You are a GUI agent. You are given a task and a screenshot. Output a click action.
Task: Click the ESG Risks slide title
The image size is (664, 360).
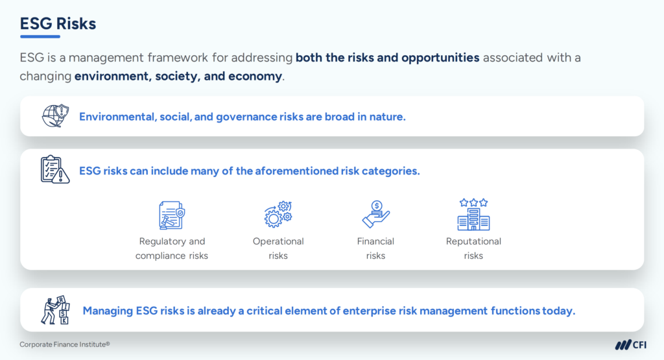click(x=58, y=23)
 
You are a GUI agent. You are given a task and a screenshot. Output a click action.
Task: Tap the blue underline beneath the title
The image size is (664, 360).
click(x=40, y=37)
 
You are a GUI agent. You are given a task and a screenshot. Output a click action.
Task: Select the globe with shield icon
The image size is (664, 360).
click(x=54, y=116)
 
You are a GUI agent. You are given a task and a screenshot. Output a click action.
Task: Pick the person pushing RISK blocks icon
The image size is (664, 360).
click(x=54, y=310)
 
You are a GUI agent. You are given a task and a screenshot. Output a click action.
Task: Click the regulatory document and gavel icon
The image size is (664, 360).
click(x=171, y=215)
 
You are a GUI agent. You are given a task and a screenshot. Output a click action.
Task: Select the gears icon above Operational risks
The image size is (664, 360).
click(x=278, y=215)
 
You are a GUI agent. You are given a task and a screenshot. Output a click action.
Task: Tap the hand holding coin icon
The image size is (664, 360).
click(x=375, y=215)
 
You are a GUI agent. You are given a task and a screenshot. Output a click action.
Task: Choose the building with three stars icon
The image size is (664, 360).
click(x=473, y=215)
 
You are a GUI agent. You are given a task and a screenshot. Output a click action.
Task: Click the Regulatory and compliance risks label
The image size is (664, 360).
click(x=172, y=248)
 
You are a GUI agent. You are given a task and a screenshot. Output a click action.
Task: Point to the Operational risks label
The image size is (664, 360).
click(x=278, y=248)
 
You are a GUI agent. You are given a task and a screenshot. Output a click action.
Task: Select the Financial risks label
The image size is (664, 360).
click(x=375, y=248)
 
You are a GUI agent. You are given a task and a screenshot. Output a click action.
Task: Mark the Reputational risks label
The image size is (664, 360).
click(x=473, y=248)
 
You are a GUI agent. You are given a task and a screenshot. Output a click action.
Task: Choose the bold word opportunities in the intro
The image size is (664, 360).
click(x=440, y=58)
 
